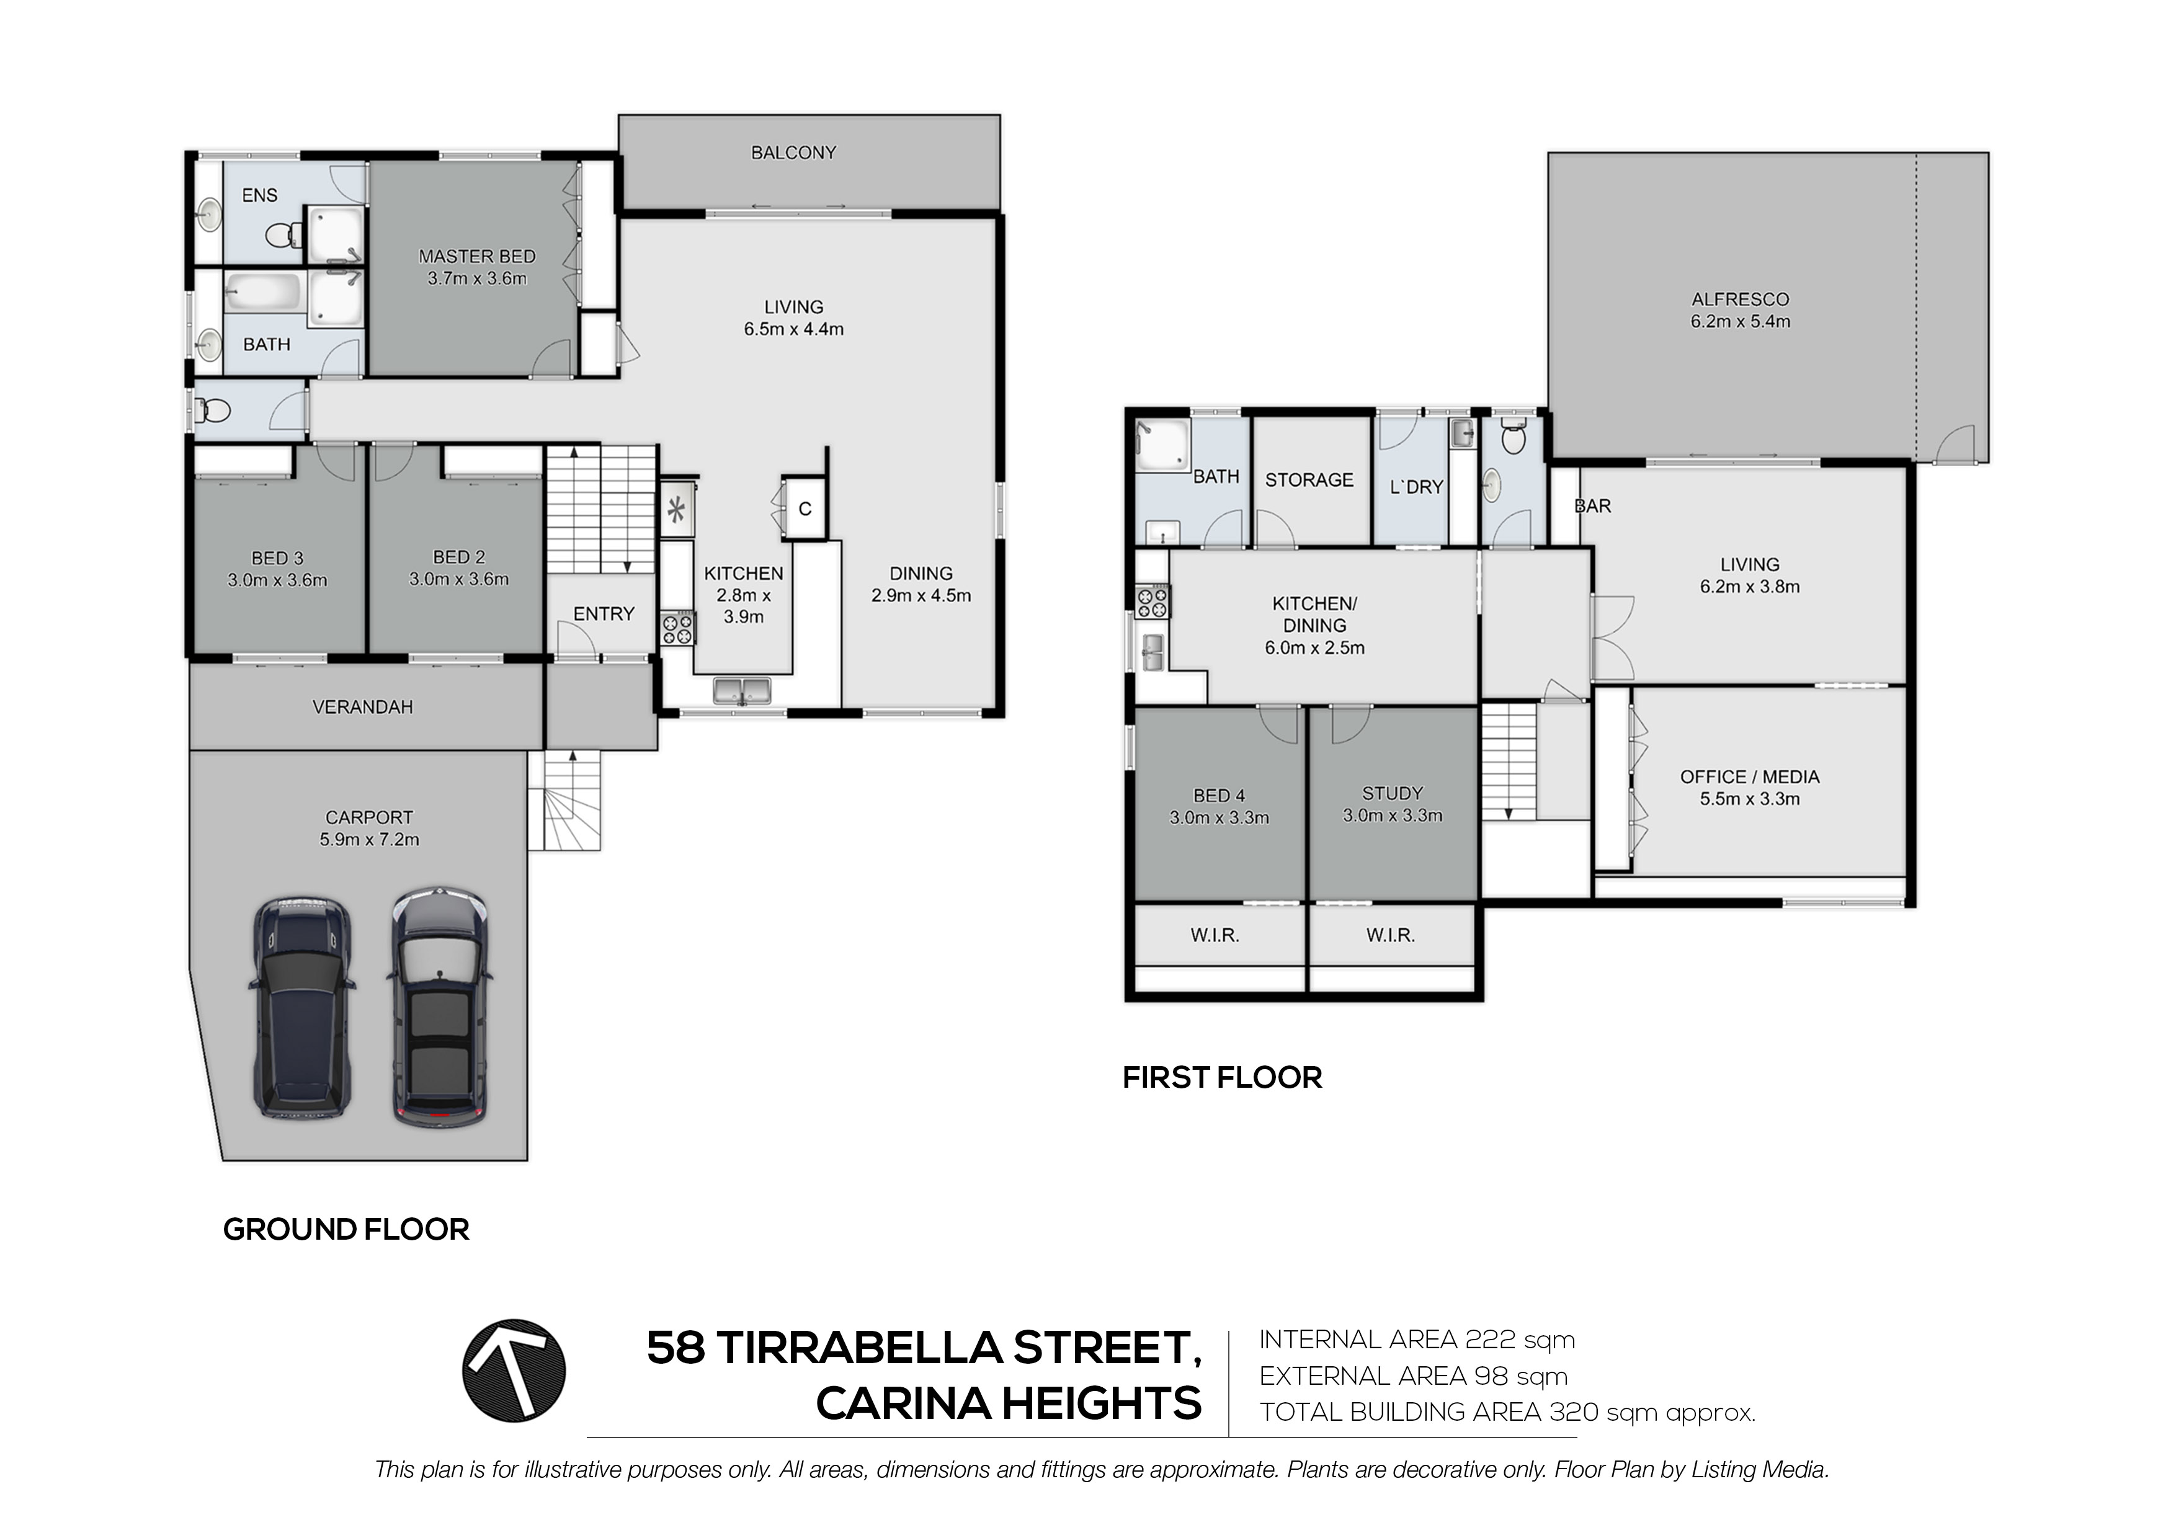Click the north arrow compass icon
[514, 1371]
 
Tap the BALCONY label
[793, 153]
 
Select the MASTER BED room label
[477, 257]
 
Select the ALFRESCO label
[1740, 300]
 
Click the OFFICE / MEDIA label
[1749, 777]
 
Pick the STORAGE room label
[1309, 481]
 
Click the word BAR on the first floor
[1593, 506]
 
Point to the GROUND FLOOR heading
[346, 1230]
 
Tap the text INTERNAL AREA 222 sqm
[1417, 1340]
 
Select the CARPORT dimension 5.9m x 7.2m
[368, 840]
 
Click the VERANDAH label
[362, 707]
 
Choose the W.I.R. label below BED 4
[1215, 935]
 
